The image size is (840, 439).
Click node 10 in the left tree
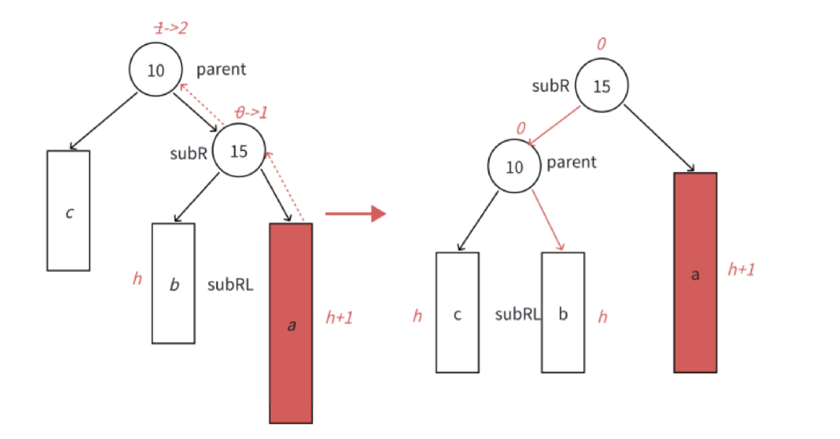[156, 70]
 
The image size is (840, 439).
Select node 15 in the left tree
[239, 151]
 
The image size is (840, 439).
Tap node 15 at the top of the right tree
[601, 85]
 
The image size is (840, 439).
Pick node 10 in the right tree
[514, 167]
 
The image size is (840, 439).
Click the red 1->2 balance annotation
[170, 28]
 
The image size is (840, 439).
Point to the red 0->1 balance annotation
[250, 112]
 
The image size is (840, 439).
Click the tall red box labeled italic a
[291, 323]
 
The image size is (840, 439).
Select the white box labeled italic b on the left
[173, 283]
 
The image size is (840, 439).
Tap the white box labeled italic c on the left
[68, 211]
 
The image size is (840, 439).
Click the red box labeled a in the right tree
[695, 273]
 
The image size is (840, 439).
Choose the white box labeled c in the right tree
[457, 313]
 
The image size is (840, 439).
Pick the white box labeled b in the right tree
[563, 313]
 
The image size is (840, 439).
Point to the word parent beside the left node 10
[221, 70]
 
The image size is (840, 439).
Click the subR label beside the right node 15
[550, 86]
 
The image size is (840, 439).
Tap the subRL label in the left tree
[230, 285]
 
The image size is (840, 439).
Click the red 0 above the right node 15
[601, 44]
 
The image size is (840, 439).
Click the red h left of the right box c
[417, 317]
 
